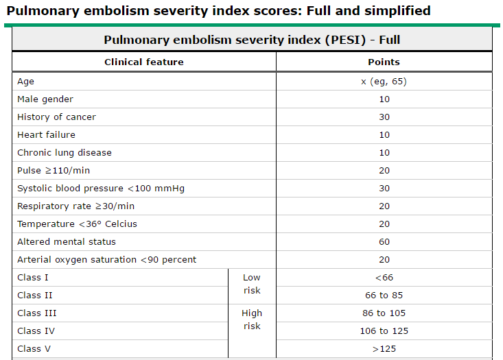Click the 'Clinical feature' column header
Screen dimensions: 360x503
(144, 62)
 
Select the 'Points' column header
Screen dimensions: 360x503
(384, 62)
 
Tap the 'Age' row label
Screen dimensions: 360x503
(25, 81)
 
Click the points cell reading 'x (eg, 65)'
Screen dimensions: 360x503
(384, 81)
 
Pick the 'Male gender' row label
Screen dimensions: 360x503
(45, 99)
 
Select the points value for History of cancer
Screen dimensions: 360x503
(384, 117)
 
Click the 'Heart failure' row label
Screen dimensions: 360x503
(46, 134)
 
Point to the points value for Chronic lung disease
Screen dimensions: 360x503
(384, 152)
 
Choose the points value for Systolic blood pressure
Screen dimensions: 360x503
(384, 188)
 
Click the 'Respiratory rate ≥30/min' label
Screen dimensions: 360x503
(75, 206)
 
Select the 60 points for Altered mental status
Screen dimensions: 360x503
(384, 241)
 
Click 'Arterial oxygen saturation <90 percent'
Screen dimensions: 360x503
(106, 259)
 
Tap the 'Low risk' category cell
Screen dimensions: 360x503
(252, 284)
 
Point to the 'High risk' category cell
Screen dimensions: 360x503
(252, 320)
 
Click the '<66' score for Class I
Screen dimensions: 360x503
(384, 277)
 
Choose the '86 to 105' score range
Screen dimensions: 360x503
(384, 313)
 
